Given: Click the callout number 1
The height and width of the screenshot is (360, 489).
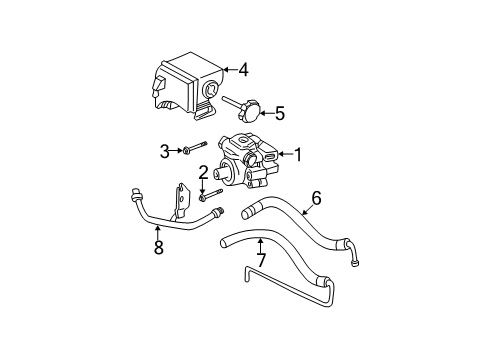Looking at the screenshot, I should point(296,154).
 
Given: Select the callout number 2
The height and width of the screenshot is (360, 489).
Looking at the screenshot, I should point(202,171).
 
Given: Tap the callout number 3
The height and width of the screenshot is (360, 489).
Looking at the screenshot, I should point(166,151).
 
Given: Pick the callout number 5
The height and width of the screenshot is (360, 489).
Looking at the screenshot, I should point(279,114).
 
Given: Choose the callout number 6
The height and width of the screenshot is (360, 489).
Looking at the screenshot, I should point(316,197).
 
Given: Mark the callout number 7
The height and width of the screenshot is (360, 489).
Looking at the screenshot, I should point(261,261).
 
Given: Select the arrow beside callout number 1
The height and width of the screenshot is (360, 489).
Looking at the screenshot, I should point(282,154).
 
